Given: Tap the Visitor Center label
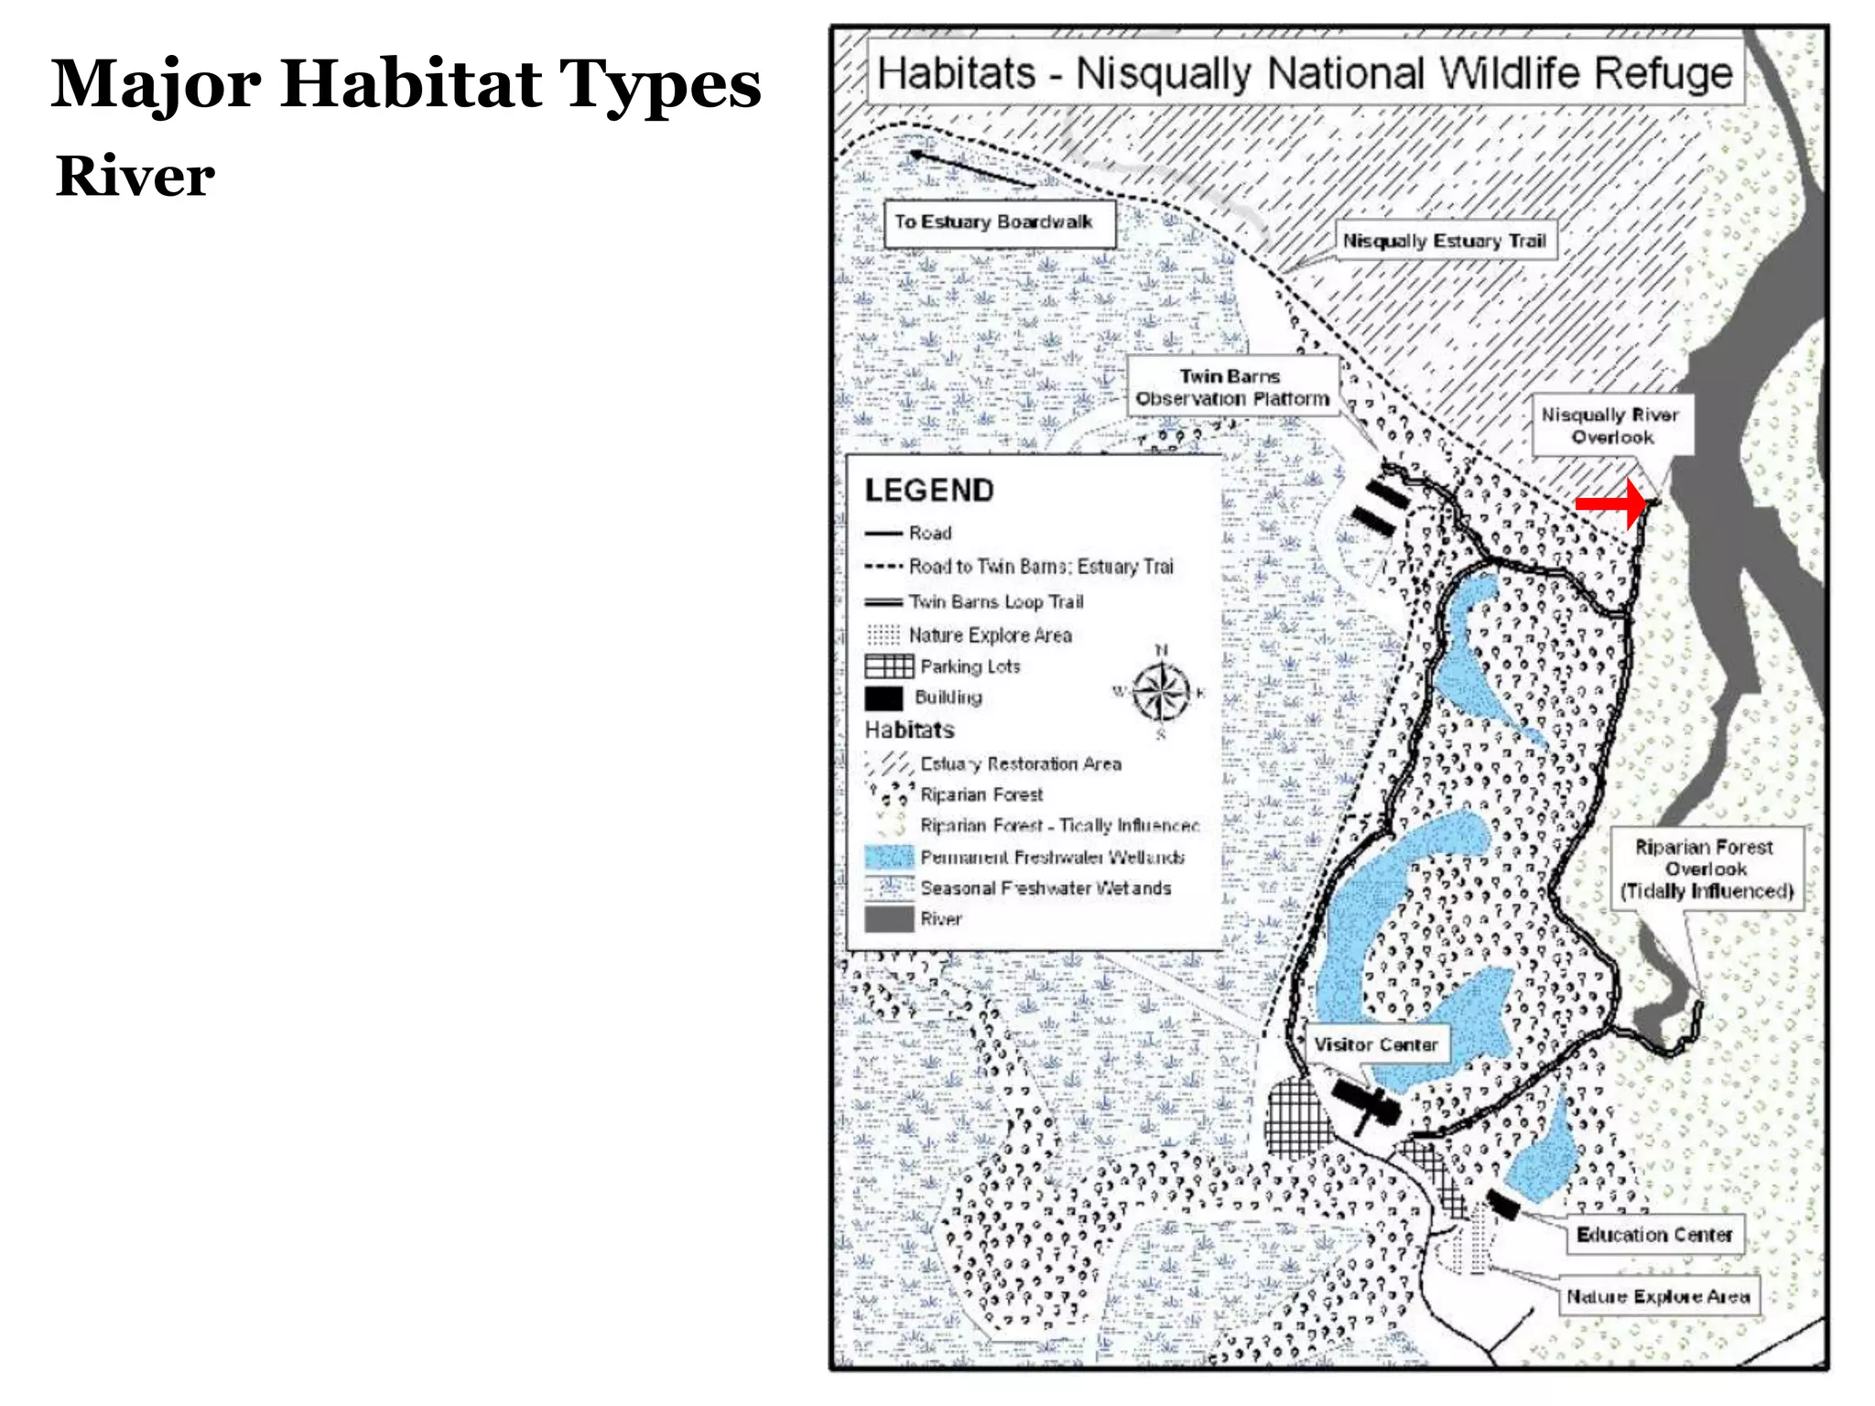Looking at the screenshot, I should [x=1375, y=1044].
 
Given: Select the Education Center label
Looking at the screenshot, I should [x=1653, y=1235].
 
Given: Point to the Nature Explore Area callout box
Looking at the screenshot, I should [x=1658, y=1296].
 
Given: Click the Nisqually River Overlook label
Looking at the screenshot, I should [x=1610, y=426].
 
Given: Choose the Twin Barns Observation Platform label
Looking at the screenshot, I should [x=1232, y=387].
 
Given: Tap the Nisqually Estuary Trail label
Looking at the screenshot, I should [x=1444, y=241].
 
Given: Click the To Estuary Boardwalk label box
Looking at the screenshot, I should [x=999, y=222].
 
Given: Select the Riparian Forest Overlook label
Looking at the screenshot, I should [x=1706, y=869].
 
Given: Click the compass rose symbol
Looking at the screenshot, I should [x=1161, y=692].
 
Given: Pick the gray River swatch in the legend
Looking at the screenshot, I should [x=889, y=919].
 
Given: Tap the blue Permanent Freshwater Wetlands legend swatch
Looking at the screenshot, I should [x=889, y=857].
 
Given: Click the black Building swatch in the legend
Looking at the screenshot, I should [x=883, y=698].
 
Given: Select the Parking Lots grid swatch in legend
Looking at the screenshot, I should [x=889, y=665].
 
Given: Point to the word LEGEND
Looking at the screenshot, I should [x=929, y=491].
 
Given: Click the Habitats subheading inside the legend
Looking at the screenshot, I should [x=909, y=730].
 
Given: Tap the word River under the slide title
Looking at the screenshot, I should [x=135, y=176].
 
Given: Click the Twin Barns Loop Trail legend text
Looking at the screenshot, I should [x=996, y=601].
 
